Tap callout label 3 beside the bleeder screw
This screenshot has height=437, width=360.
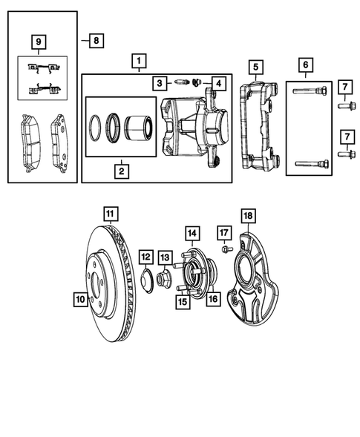tap(160, 82)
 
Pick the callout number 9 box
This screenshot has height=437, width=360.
tap(40, 41)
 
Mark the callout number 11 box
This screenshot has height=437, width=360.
tap(110, 215)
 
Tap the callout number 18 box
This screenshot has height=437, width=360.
tap(248, 217)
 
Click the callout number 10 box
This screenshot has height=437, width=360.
tap(80, 300)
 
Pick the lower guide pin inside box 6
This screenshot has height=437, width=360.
tap(312, 164)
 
